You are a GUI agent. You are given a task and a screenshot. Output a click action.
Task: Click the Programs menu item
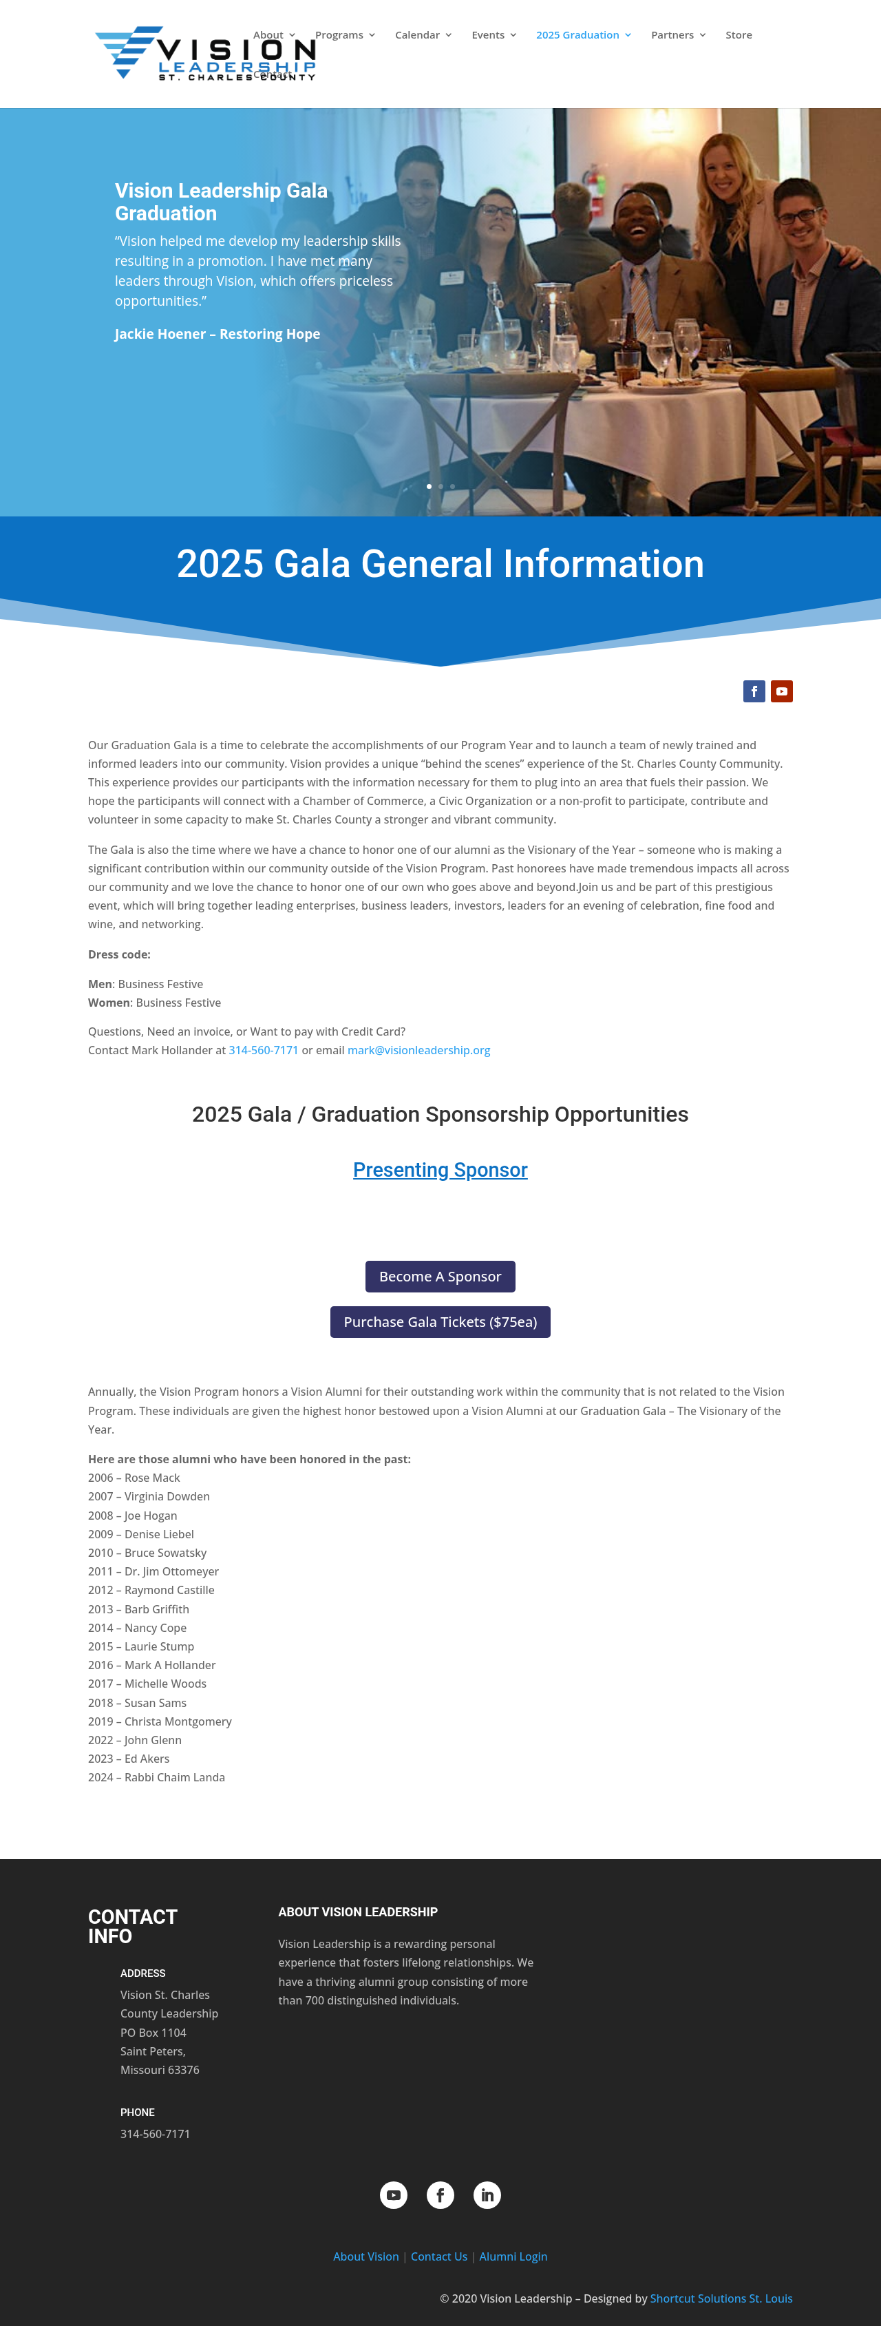339,35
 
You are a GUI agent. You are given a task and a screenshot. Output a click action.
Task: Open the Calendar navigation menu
417,35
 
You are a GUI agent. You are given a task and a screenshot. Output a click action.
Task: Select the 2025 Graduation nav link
577,35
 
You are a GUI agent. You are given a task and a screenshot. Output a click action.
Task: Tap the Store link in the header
739,35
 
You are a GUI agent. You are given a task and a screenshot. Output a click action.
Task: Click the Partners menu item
672,35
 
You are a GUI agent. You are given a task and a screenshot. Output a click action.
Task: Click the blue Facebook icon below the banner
754,691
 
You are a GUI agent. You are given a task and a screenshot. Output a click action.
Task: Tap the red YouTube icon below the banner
782,691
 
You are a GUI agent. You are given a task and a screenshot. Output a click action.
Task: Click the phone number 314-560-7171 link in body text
264,1050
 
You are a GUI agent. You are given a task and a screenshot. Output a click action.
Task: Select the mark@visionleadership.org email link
419,1050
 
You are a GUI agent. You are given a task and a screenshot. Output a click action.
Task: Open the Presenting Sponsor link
440,1170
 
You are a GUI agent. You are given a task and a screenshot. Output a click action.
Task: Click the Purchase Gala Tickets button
440,1322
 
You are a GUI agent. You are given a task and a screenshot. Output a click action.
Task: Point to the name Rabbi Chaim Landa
174,1777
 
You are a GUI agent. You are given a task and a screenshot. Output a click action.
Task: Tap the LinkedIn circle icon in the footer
487,2195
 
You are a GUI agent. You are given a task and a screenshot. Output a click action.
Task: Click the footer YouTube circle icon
394,2195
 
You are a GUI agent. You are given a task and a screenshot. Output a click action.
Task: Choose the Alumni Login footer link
513,2256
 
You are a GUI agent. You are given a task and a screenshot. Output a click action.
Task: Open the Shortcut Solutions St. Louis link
721,2299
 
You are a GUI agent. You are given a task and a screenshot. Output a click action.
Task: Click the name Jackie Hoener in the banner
160,334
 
